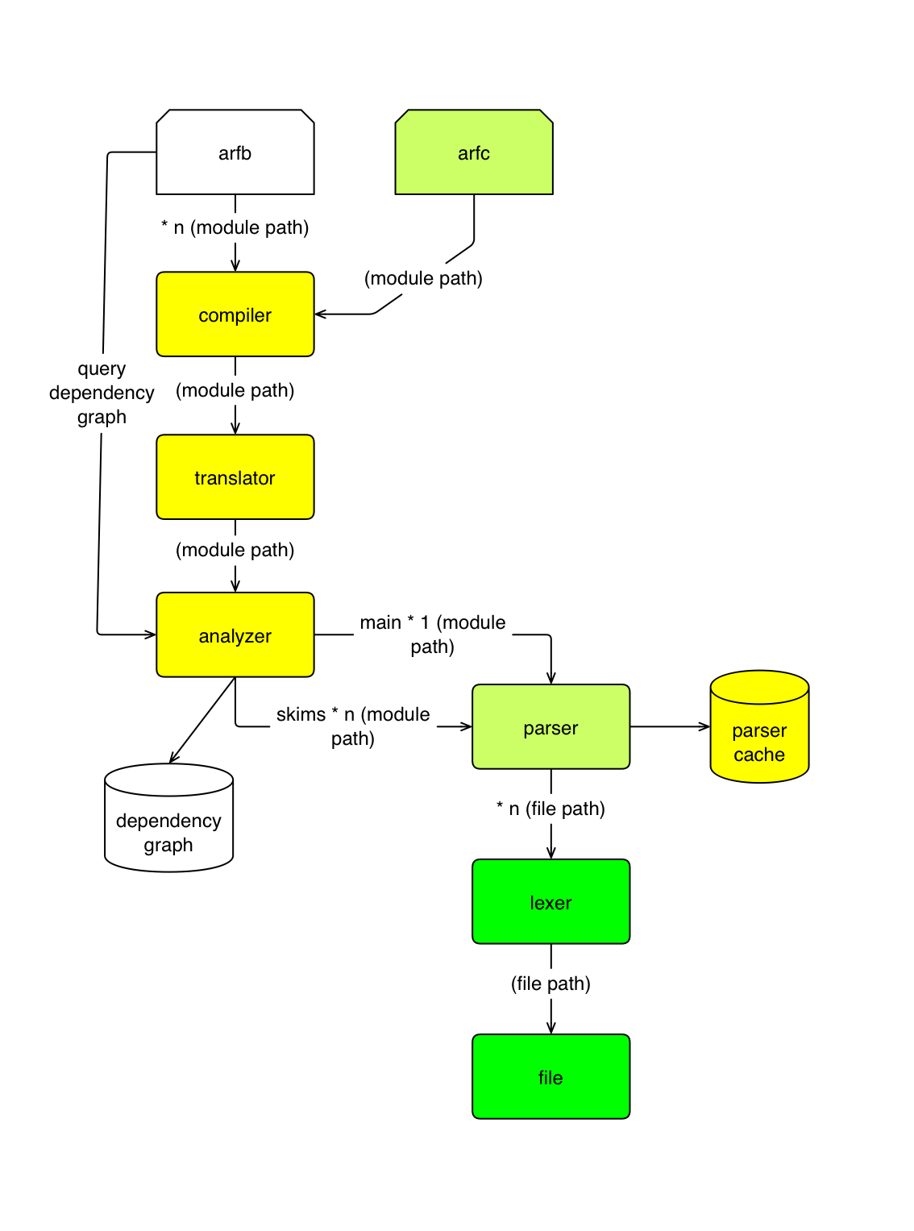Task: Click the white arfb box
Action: click(235, 152)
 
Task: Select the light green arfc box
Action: click(473, 152)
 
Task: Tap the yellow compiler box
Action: click(235, 314)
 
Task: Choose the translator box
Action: click(235, 477)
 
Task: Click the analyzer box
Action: click(235, 635)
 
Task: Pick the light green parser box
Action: click(550, 727)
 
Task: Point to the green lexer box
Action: click(550, 902)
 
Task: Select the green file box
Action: click(550, 1077)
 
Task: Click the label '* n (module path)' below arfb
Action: click(235, 227)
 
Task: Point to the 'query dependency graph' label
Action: click(102, 393)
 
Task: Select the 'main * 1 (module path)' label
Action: click(433, 634)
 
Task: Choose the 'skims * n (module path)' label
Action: click(353, 726)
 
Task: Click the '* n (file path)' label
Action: click(550, 809)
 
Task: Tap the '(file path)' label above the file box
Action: click(550, 984)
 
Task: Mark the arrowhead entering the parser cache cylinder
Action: click(705, 727)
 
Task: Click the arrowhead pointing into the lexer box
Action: click(551, 854)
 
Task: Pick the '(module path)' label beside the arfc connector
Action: click(423, 278)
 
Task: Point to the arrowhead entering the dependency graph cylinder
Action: click(172, 758)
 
